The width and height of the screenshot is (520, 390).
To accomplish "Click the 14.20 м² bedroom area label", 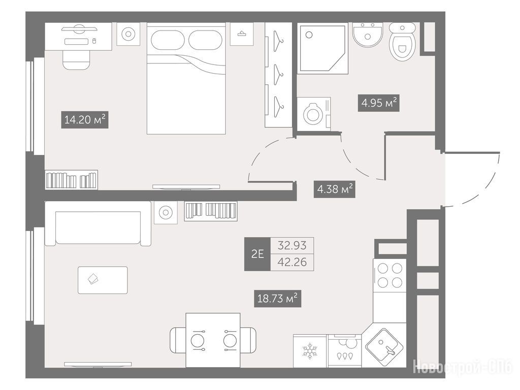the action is [85, 120].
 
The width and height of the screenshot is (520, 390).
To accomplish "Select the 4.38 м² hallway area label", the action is [335, 189].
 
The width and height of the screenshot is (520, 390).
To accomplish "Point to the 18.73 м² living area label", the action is [278, 299].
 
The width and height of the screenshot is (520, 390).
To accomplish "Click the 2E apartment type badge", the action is [257, 254].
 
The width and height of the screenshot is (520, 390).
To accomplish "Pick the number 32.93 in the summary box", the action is [292, 245].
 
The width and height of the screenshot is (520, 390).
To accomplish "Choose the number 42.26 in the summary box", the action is [292, 263].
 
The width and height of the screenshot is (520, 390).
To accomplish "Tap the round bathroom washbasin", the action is [368, 35].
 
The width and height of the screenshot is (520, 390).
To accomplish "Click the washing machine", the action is [314, 114].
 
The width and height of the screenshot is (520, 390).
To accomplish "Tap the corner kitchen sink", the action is [384, 346].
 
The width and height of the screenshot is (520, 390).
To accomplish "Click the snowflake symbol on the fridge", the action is [310, 351].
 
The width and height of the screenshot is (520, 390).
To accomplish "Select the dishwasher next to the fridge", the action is [344, 351].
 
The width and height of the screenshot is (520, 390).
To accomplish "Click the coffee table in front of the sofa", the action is [103, 280].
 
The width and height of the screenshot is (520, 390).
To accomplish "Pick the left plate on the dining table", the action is [198, 341].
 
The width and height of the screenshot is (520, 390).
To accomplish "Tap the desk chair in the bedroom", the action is [76, 60].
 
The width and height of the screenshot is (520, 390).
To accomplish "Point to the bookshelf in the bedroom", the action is [71, 180].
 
